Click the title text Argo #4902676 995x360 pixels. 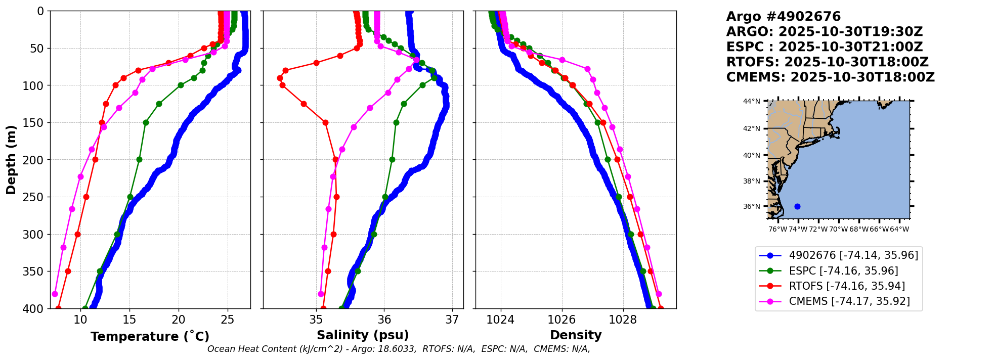[783, 17]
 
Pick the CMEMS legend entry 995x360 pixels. [849, 302]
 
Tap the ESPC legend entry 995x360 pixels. [843, 271]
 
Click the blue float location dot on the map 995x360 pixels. [797, 206]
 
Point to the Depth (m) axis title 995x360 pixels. [11, 160]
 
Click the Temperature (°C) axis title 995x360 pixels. [150, 337]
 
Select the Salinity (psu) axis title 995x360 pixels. [363, 335]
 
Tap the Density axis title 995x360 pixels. [576, 335]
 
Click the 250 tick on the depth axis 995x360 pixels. [37, 197]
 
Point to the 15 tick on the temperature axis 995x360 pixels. [129, 320]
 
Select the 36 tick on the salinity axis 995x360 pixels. [384, 320]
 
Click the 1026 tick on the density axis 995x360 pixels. [561, 320]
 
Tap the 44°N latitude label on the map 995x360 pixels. [751, 101]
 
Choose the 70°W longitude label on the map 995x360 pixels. [838, 230]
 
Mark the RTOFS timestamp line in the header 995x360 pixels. [827, 62]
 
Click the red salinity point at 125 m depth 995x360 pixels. [304, 104]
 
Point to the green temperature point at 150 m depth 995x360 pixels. [146, 122]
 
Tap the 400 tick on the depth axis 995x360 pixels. [37, 308]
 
